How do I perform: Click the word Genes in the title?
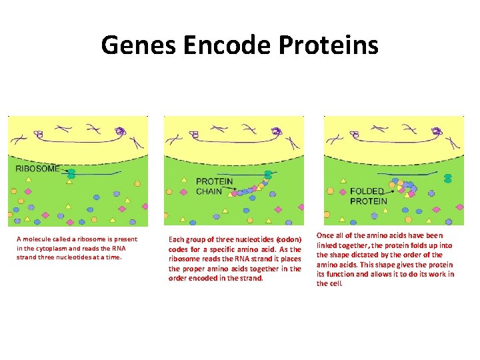pyautogui.click(x=138, y=45)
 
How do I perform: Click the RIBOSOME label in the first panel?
pyautogui.click(x=38, y=169)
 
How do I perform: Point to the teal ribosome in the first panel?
pyautogui.click(x=71, y=175)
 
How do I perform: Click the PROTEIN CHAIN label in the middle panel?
pyautogui.click(x=214, y=186)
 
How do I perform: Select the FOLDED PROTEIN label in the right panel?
pyautogui.click(x=368, y=196)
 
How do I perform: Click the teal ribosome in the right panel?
pyautogui.click(x=448, y=178)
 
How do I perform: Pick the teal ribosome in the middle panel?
pyautogui.click(x=268, y=175)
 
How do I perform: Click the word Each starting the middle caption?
pyautogui.click(x=176, y=239)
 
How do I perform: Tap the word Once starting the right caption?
pyautogui.click(x=325, y=235)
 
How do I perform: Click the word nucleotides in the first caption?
pyautogui.click(x=68, y=257)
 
